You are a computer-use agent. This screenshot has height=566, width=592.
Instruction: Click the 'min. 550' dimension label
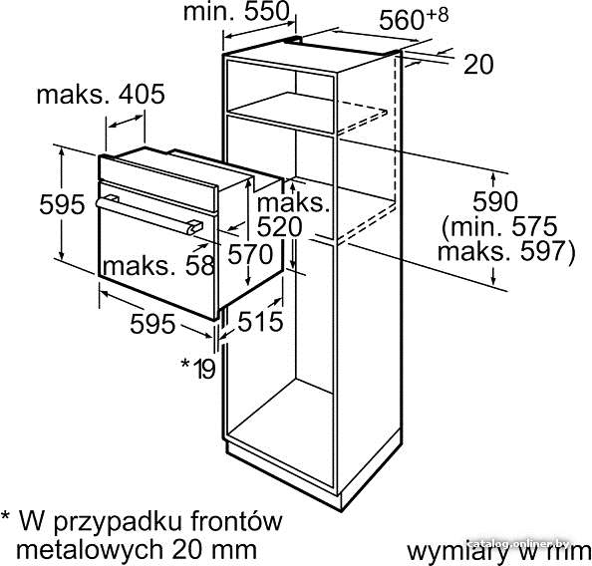(x=236, y=11)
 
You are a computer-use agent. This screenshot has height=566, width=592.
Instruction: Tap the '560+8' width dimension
(x=414, y=19)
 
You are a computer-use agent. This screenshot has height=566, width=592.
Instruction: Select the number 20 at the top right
(x=478, y=64)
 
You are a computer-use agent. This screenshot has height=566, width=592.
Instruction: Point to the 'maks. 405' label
(x=101, y=94)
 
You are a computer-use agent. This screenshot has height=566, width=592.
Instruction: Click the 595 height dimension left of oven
(x=63, y=204)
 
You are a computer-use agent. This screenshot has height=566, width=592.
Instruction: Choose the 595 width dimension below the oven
(x=152, y=324)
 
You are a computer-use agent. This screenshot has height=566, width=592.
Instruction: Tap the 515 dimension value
(x=260, y=322)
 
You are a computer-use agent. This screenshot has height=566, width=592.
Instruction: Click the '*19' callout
(x=198, y=368)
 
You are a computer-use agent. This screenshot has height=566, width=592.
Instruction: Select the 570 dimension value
(x=250, y=254)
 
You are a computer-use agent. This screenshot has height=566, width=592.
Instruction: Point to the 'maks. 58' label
(x=158, y=266)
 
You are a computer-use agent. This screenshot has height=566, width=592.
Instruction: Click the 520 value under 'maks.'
(x=280, y=227)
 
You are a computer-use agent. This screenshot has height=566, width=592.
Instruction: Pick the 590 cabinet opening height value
(x=495, y=201)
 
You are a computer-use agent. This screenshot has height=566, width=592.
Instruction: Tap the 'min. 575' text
(x=500, y=226)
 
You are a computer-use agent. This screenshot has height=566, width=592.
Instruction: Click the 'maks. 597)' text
(x=506, y=251)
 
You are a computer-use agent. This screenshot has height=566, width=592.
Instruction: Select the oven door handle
(x=149, y=215)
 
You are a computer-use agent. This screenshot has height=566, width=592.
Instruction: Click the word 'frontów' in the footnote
(x=236, y=521)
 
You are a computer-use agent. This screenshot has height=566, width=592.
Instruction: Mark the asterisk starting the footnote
(x=6, y=516)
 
